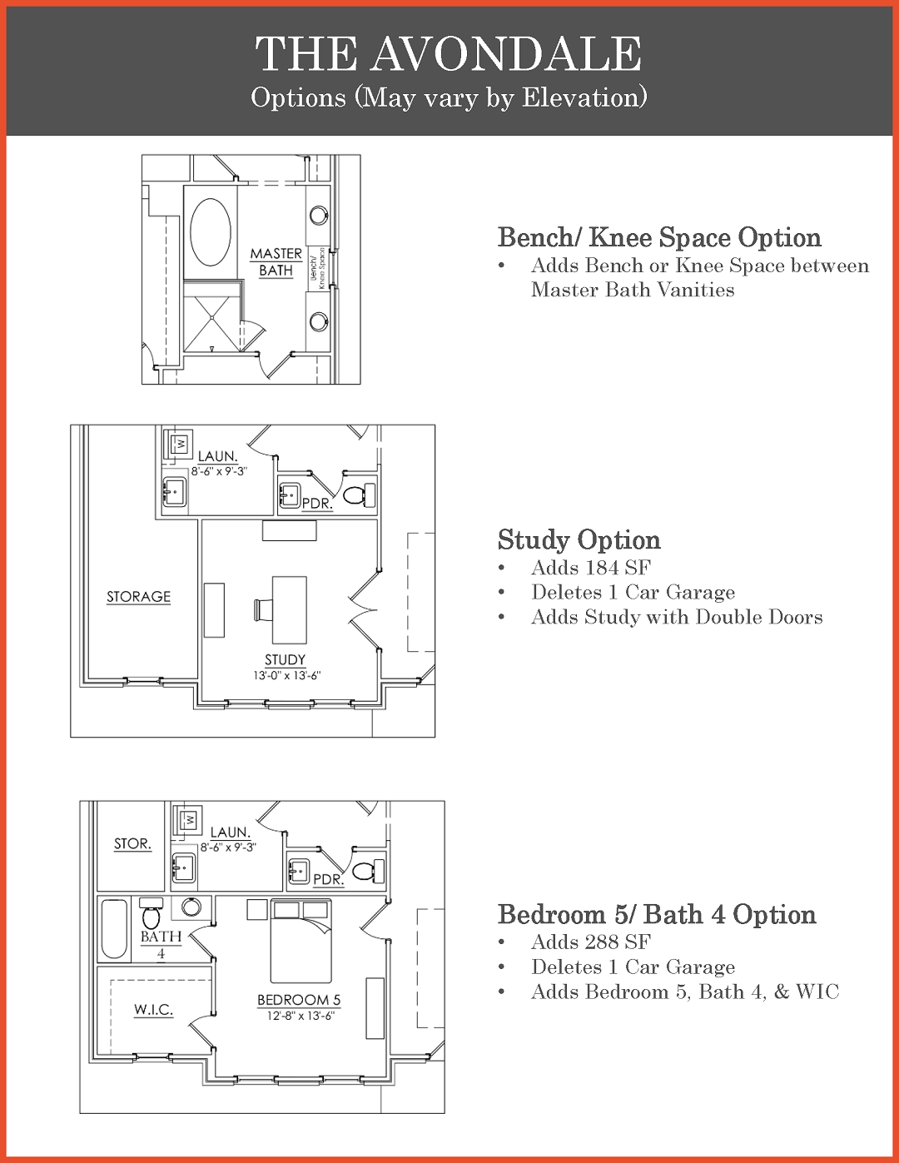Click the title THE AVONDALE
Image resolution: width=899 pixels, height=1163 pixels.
point(449,53)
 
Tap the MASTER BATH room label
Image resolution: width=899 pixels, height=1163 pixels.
point(276,261)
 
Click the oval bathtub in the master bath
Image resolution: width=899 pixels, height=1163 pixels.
point(211,231)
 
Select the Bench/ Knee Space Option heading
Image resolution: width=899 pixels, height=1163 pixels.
point(659,237)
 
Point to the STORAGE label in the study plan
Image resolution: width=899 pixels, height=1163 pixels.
point(138,597)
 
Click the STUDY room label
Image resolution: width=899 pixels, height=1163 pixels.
point(286,660)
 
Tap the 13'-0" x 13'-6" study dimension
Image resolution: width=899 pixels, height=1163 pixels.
point(287,675)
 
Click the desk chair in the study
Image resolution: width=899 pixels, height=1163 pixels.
point(262,611)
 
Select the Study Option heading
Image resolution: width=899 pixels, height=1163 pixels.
point(579,540)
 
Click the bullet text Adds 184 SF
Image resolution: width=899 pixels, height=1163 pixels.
point(591,567)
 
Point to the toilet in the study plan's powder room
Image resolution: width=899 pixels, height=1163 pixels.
point(359,495)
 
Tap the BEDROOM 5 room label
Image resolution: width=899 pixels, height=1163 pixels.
point(299,1000)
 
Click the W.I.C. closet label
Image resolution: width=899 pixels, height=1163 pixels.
point(153,1010)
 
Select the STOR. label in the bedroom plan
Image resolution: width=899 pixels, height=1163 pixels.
point(132,844)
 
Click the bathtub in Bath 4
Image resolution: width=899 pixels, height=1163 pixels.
point(115,929)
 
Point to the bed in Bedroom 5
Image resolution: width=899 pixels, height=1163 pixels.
point(300,941)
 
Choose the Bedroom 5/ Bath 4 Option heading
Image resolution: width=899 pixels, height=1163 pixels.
point(657,915)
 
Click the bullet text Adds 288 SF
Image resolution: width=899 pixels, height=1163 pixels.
point(591,942)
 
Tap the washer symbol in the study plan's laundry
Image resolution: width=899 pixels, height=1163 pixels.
point(181,443)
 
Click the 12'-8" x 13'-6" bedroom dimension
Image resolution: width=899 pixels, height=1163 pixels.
point(300,1016)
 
